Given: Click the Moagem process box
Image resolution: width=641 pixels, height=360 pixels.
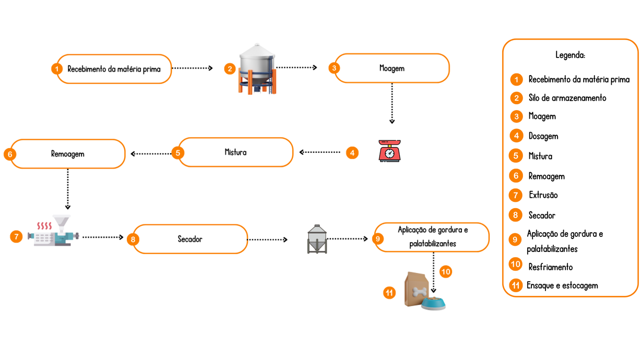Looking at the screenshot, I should point(391,68).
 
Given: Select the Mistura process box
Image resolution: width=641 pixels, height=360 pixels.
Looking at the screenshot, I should point(235,152).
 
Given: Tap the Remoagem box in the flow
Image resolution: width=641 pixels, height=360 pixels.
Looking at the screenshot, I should point(68,154).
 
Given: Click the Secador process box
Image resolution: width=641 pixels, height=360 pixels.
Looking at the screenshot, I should point(189,239).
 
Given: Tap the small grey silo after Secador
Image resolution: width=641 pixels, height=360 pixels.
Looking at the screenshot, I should point(317,239).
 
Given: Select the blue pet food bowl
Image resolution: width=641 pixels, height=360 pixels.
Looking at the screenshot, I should point(434,303).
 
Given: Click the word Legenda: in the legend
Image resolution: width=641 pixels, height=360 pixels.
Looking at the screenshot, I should point(570,55).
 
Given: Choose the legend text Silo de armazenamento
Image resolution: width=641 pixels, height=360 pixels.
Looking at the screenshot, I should point(567,98).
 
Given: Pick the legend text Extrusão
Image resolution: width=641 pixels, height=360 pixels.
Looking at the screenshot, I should point(543,195).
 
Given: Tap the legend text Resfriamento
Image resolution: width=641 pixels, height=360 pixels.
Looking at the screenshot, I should point(550,267).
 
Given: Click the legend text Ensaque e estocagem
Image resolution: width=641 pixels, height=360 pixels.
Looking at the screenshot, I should point(562,285).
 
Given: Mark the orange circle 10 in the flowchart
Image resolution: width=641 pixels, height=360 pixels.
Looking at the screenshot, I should point(445,272).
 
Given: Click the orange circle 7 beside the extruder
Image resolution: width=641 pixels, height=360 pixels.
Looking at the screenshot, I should point(16,237).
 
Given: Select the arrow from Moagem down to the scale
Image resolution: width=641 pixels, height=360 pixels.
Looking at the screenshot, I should point(392,103).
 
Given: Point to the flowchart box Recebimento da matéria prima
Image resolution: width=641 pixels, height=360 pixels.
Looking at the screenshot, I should point(114,69).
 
